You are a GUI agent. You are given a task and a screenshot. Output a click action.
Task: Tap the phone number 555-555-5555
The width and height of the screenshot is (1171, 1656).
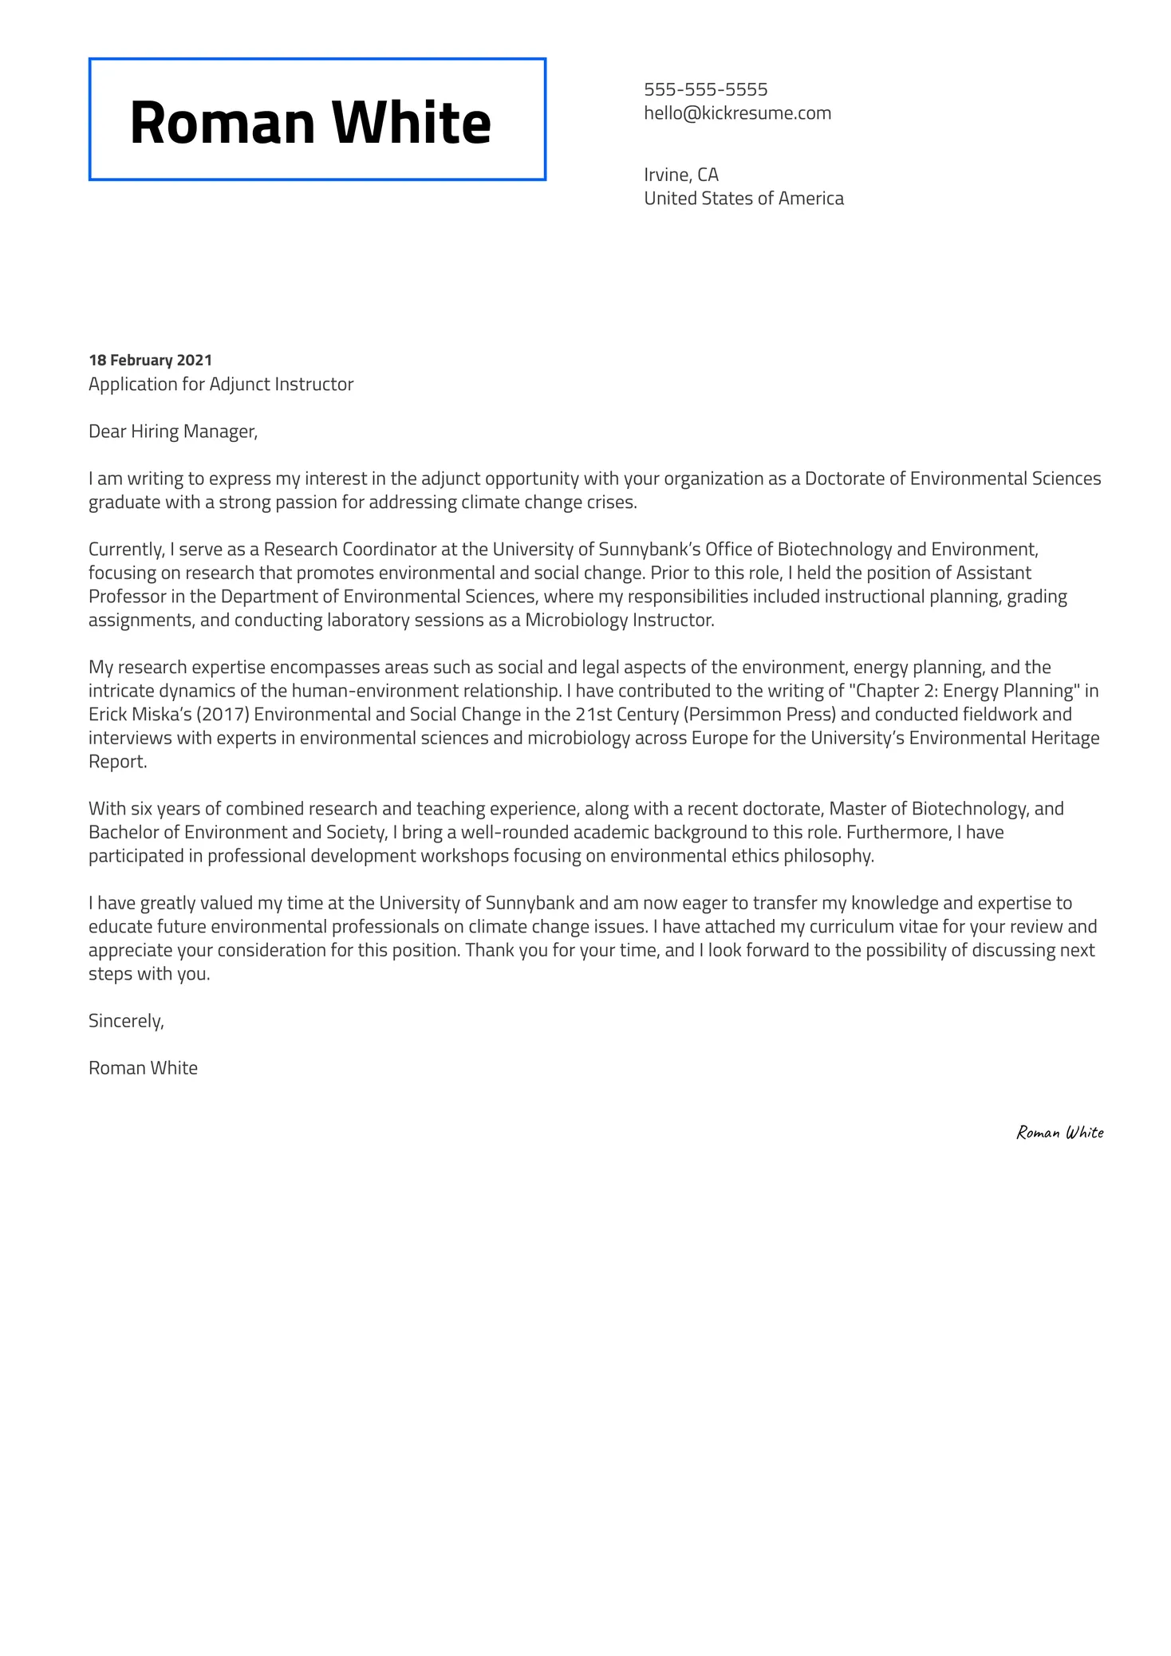click(705, 89)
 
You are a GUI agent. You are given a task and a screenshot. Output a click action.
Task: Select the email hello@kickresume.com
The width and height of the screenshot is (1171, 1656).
click(737, 113)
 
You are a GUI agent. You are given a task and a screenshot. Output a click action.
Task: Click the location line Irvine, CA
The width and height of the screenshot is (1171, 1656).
click(680, 175)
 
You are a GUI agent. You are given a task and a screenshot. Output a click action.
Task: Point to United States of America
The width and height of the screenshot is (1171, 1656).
click(743, 199)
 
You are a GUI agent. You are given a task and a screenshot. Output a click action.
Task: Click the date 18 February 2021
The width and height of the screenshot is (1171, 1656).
click(150, 361)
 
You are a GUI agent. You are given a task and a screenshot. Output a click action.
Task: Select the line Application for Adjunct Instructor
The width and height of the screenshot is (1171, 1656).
click(221, 384)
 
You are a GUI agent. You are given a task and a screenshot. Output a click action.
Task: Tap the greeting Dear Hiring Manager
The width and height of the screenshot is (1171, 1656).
click(172, 432)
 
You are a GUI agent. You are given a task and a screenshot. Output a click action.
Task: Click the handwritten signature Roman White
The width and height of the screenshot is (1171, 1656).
click(1059, 1133)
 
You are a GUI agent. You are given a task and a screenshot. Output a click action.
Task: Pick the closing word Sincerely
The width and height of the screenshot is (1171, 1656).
click(126, 1021)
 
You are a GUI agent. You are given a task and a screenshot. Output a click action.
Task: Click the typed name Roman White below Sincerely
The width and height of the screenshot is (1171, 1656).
click(143, 1068)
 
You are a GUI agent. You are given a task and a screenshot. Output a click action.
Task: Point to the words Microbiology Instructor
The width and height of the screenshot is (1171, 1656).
click(618, 621)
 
